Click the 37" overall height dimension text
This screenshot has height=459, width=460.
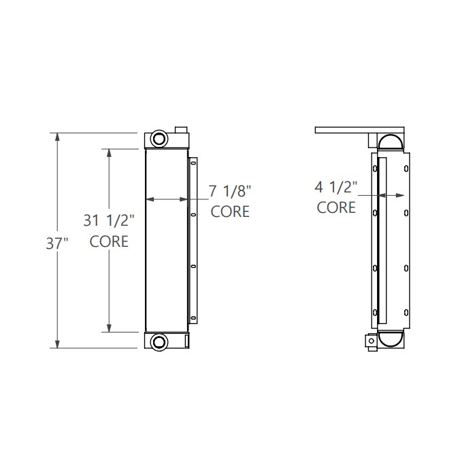coord(58,243)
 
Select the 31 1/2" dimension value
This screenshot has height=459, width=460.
coord(109,220)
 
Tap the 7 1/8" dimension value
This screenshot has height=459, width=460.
coord(229,190)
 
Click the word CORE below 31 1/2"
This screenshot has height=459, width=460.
coord(109,241)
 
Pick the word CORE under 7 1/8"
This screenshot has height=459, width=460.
coord(229,211)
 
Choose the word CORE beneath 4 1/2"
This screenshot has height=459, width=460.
coord(336,207)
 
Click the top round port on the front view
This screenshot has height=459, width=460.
coord(159,139)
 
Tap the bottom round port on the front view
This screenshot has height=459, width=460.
coord(159,342)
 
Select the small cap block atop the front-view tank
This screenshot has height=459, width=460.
coord(180,129)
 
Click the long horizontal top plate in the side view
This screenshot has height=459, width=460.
coord(357,129)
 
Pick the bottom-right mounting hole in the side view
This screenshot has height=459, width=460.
coord(406,313)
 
